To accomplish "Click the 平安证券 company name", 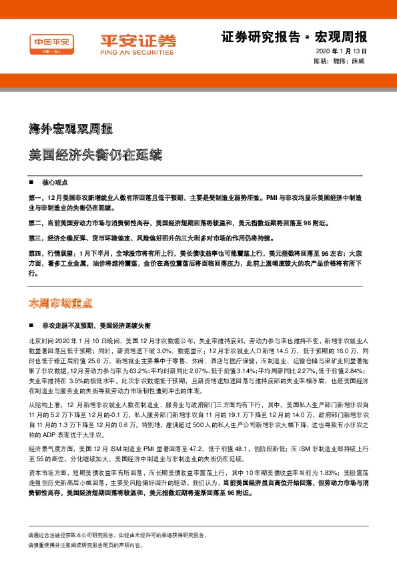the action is point(139,40).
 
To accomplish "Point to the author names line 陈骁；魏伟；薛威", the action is point(340,61).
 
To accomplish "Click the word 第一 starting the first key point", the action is point(36,199).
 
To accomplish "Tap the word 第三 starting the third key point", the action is point(36,238).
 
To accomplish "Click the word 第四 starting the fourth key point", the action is point(36,253).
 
